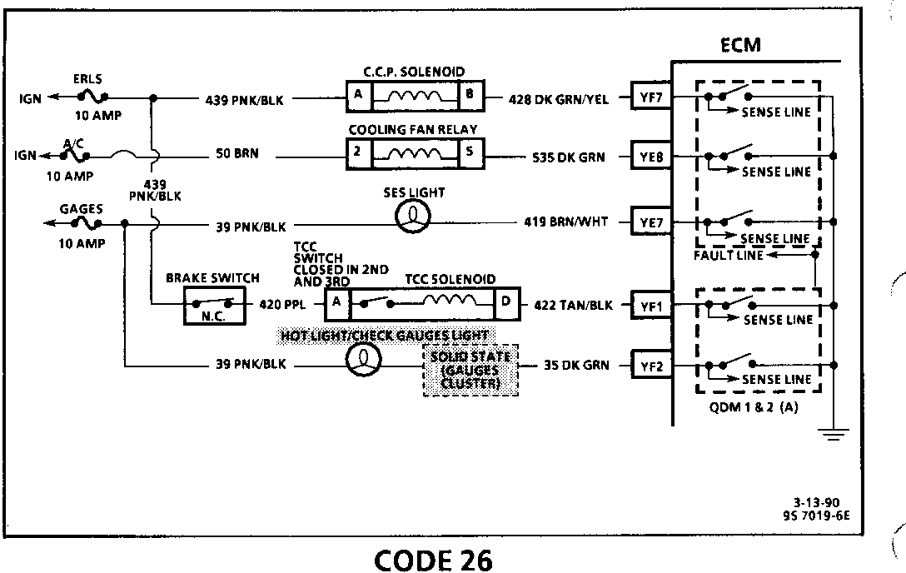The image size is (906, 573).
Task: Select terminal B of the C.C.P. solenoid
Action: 470,96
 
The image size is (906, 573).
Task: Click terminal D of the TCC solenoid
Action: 506,303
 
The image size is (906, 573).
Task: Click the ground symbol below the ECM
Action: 834,433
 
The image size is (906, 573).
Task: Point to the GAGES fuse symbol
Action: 87,222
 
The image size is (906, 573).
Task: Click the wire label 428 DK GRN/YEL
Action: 559,99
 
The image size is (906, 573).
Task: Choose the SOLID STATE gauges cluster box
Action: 470,369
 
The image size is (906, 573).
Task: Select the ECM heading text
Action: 739,45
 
